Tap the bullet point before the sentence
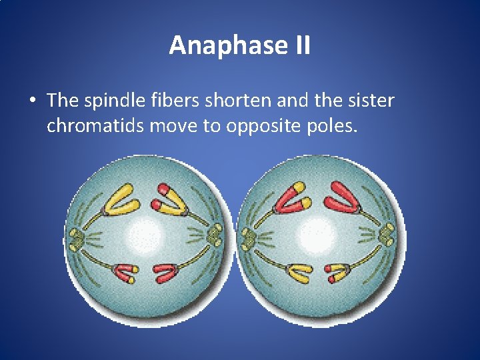pos(32,101)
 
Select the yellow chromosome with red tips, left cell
pos(171,199)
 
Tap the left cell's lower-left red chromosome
pos(125,273)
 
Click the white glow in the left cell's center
pos(145,235)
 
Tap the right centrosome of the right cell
pos(387,235)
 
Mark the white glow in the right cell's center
pos(316,235)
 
